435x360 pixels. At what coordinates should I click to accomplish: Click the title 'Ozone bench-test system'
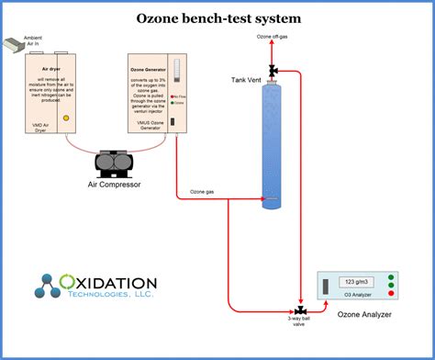coord(217,18)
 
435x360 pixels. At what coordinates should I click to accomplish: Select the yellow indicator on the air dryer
coord(65,118)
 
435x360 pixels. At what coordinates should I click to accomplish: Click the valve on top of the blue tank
coord(273,70)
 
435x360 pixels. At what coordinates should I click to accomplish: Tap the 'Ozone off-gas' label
coord(274,36)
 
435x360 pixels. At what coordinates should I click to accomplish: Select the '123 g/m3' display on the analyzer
coord(353,282)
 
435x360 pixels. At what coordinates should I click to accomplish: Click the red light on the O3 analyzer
coord(390,276)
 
